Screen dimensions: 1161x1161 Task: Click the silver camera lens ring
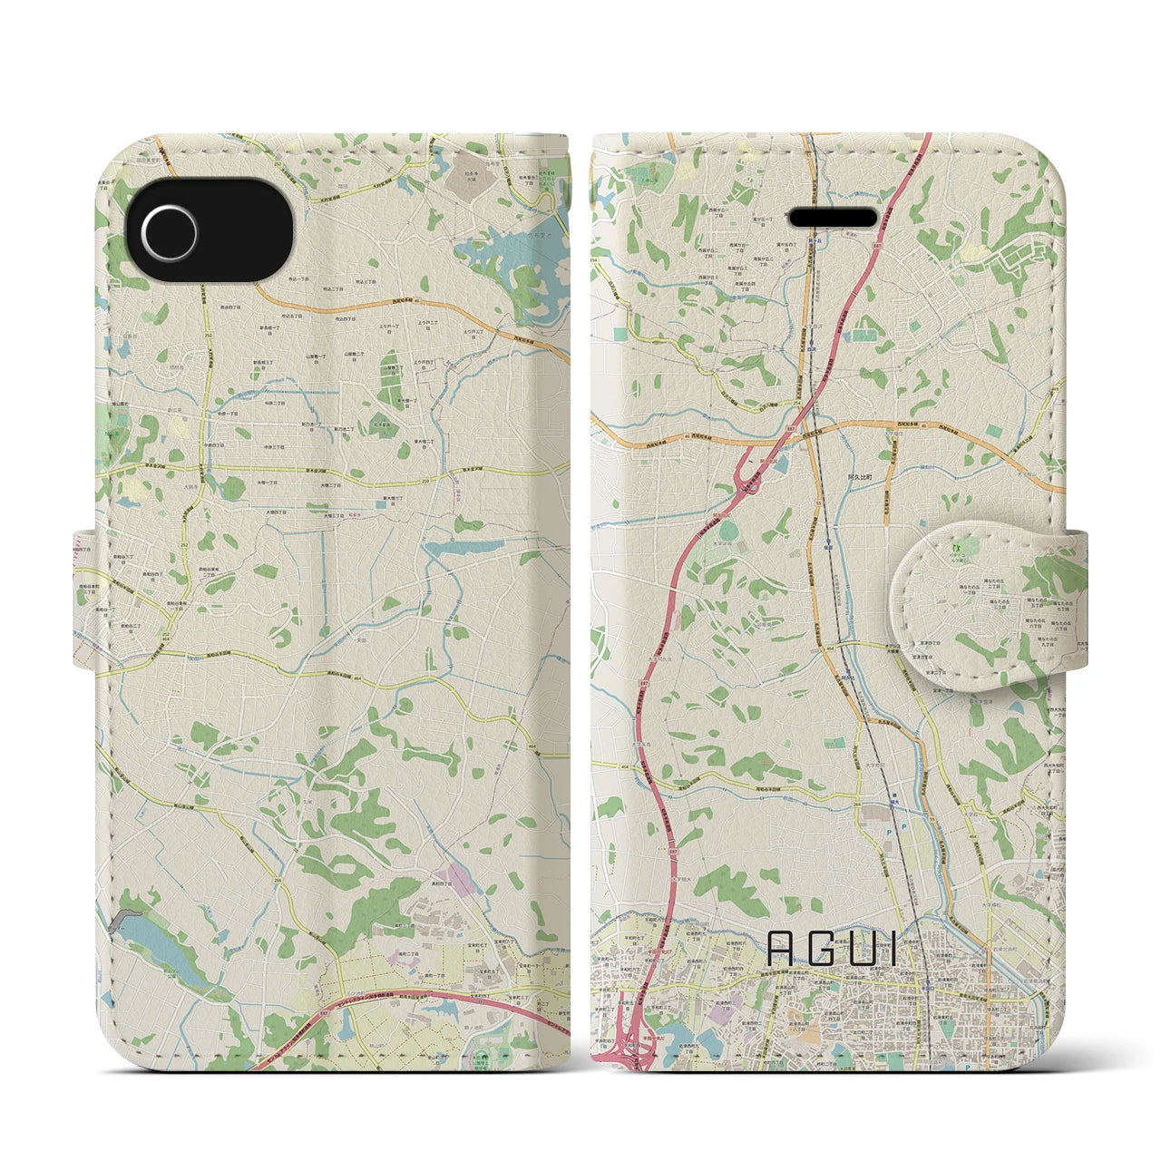[x=170, y=231]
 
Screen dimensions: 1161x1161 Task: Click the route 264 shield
[x=857, y=804]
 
